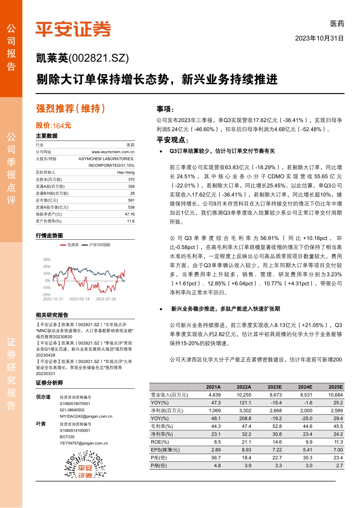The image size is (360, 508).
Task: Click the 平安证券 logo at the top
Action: (73, 29)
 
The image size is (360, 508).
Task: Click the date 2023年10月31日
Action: (319, 39)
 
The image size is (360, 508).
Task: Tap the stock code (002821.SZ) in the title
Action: (99, 59)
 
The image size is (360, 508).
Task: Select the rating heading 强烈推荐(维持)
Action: (71, 108)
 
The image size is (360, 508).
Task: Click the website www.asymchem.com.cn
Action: (113, 151)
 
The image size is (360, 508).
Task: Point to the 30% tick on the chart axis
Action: (46, 260)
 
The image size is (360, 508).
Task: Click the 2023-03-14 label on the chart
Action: (79, 299)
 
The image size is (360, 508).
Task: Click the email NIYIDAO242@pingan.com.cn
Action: (86, 416)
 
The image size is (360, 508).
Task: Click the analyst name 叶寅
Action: (41, 424)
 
